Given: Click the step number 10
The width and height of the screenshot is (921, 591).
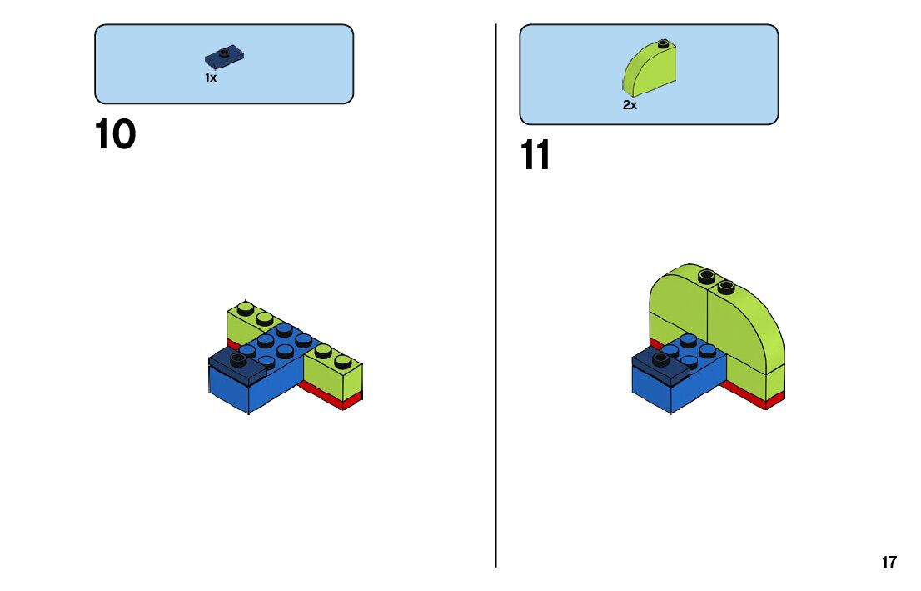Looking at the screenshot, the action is pyautogui.click(x=115, y=135).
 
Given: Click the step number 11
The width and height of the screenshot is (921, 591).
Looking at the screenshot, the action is pyautogui.click(x=535, y=156).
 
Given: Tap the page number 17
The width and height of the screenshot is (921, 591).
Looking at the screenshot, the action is pyautogui.click(x=889, y=562).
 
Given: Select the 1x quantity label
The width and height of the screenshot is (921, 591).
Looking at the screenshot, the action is pyautogui.click(x=211, y=78).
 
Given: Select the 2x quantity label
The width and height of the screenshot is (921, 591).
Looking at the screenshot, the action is pyautogui.click(x=630, y=105).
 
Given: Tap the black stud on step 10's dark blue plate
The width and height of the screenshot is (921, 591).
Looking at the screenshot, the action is pyautogui.click(x=239, y=359).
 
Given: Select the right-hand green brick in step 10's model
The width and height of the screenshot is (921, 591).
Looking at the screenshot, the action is pyautogui.click(x=333, y=373).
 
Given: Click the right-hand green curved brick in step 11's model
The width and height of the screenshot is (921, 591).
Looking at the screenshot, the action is pyautogui.click(x=745, y=329).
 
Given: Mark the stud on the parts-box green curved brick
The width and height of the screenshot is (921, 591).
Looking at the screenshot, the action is pyautogui.click(x=663, y=43).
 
